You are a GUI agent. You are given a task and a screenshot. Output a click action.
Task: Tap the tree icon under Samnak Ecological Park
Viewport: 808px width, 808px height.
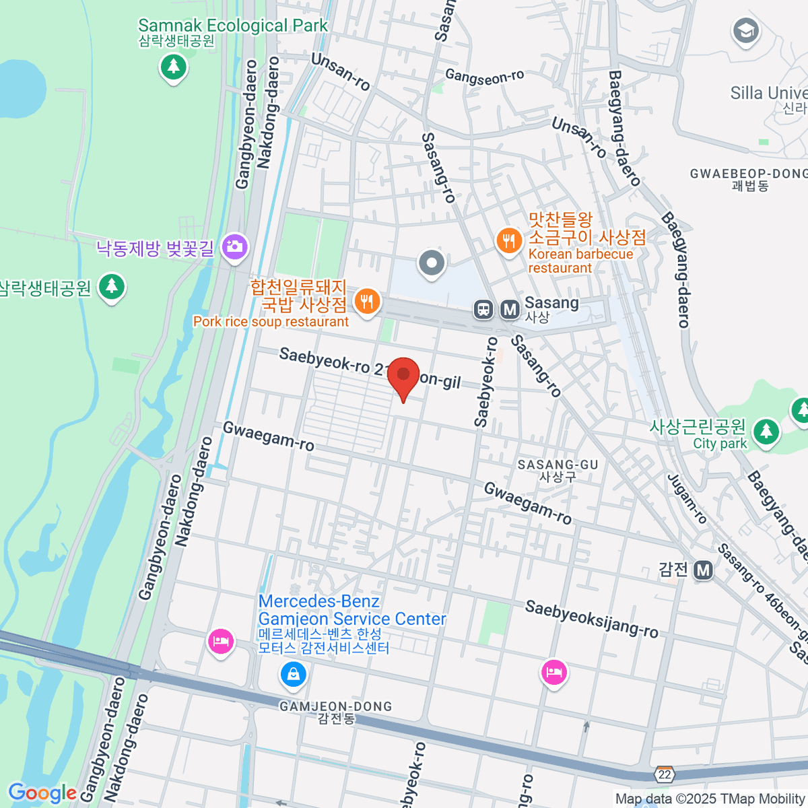[174, 66]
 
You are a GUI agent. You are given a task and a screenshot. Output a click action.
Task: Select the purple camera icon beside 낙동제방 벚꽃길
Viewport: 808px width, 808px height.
[234, 246]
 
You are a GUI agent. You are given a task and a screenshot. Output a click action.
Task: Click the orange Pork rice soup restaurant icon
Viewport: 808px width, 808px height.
[366, 301]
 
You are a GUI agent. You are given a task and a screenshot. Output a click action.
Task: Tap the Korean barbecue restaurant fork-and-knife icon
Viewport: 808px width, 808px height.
[509, 240]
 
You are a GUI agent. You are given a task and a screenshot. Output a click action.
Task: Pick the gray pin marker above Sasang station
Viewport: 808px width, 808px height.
[432, 263]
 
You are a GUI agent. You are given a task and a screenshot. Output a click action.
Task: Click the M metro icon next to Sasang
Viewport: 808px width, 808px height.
[510, 310]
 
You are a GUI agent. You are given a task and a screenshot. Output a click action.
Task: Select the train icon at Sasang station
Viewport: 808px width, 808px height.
[483, 310]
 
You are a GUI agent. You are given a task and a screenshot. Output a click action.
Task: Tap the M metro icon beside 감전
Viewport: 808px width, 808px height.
[704, 570]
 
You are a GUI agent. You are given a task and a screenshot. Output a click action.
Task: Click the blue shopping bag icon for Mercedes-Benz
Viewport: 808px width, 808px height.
[293, 674]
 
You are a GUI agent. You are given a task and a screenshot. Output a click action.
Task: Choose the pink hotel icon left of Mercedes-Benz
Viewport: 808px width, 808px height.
[220, 641]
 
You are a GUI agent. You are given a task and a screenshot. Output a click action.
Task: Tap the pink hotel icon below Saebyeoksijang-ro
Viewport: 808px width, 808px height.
[553, 672]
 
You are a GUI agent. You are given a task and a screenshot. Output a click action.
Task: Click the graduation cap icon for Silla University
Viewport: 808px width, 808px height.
[745, 31]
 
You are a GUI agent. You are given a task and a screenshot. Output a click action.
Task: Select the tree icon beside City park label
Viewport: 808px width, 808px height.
[766, 432]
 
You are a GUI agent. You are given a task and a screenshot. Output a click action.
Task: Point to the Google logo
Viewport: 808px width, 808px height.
[42, 793]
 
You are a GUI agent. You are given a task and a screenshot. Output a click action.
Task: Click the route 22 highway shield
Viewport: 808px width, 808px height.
[665, 774]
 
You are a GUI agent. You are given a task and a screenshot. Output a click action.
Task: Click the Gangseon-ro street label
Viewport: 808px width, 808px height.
[484, 77]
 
